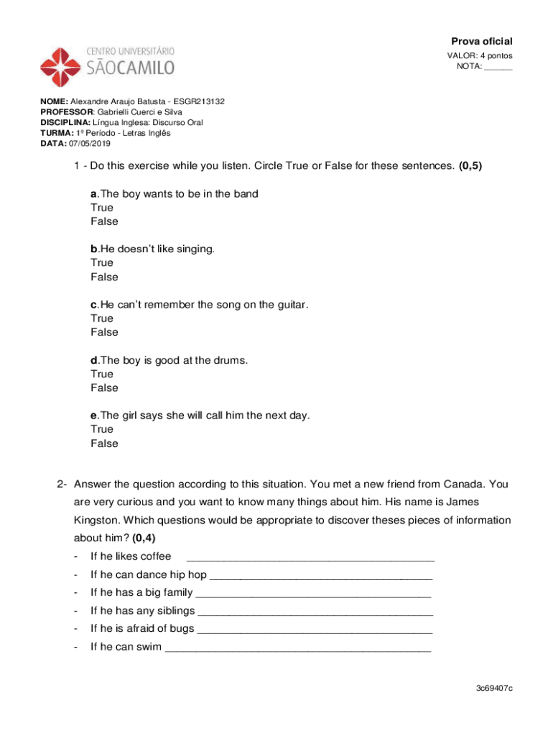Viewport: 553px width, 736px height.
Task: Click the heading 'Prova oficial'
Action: (481, 41)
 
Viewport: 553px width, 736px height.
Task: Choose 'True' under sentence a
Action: (102, 208)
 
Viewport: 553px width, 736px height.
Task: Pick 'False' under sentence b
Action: (104, 277)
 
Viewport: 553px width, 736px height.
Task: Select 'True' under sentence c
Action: (102, 318)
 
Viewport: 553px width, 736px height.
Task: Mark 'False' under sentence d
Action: (104, 388)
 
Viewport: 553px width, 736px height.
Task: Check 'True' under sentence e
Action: (102, 429)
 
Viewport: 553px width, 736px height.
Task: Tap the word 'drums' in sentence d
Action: (231, 360)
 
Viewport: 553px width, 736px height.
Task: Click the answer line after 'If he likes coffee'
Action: (310, 557)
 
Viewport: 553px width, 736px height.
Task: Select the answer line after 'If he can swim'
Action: (298, 647)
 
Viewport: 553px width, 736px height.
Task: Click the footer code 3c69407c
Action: (493, 689)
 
